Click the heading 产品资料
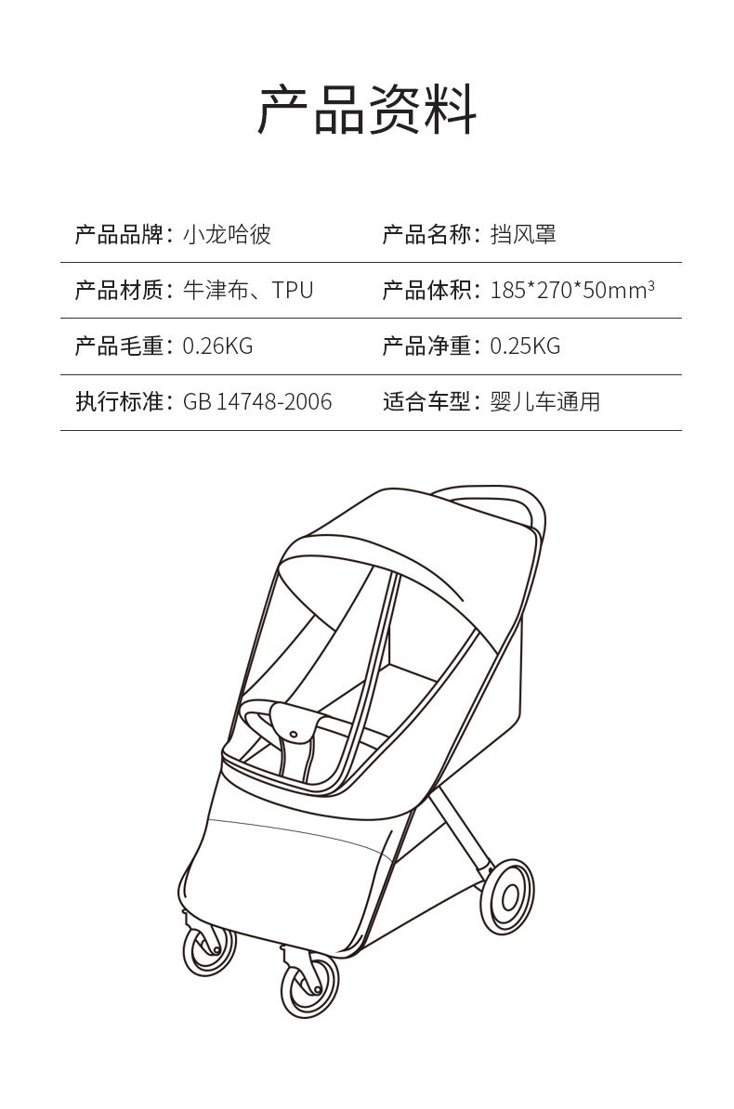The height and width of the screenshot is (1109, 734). pyautogui.click(x=367, y=110)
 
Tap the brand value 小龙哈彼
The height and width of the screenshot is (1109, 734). pyautogui.click(x=227, y=234)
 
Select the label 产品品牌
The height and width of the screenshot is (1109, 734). pyautogui.click(x=119, y=234)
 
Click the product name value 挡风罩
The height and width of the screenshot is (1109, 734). pyautogui.click(x=523, y=234)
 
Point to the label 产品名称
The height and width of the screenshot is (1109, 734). pyautogui.click(x=426, y=234)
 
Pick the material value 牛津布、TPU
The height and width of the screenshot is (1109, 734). pyautogui.click(x=248, y=291)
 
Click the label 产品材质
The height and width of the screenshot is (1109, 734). pyautogui.click(x=119, y=291)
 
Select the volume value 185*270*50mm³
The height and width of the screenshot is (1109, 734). pyautogui.click(x=572, y=291)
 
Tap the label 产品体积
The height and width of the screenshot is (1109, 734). pyautogui.click(x=426, y=291)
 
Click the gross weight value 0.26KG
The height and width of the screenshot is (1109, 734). pyautogui.click(x=217, y=346)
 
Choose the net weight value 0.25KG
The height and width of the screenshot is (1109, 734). pyautogui.click(x=525, y=346)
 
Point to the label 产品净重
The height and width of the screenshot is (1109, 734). pyautogui.click(x=426, y=346)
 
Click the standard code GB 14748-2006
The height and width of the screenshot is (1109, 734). pyautogui.click(x=257, y=402)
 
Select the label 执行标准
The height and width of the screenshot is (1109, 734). pyautogui.click(x=119, y=402)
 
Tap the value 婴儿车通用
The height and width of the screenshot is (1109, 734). pyautogui.click(x=545, y=402)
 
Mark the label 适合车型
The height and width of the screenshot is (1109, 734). pyautogui.click(x=426, y=402)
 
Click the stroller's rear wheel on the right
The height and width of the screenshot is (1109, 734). pyautogui.click(x=508, y=895)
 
